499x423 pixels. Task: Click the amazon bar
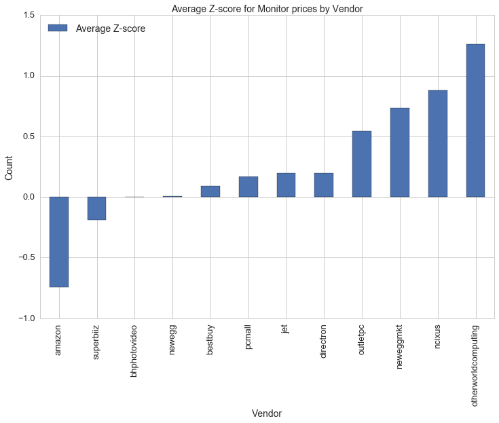click(59, 242)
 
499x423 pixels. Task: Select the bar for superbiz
click(96, 208)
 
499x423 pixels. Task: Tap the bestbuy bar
click(210, 191)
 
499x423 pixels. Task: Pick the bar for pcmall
click(248, 187)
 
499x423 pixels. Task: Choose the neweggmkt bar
click(400, 153)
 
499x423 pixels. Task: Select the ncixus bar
click(438, 144)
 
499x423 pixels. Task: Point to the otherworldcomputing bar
click(475, 121)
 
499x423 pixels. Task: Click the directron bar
click(324, 185)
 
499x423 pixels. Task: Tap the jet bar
click(286, 185)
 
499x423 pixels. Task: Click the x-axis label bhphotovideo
click(134, 353)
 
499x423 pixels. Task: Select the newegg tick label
click(172, 342)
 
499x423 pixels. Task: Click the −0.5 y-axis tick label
click(26, 258)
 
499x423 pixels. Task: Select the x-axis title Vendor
click(267, 413)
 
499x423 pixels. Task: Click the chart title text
click(267, 8)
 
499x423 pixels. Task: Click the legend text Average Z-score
click(111, 29)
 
